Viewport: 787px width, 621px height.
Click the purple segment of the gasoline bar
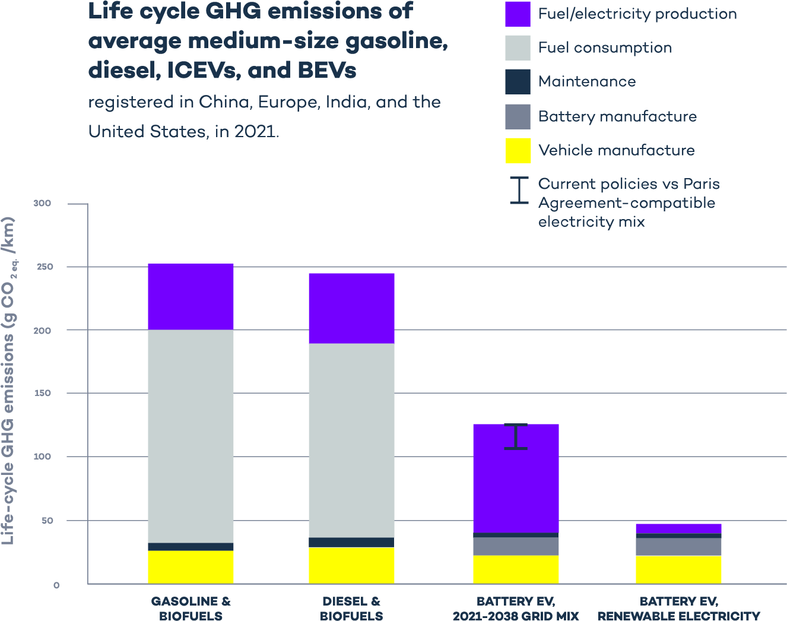[191, 296]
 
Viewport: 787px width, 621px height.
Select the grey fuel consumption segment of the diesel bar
[351, 440]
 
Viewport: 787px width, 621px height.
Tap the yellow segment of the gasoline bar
[191, 567]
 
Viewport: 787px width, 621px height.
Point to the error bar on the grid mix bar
[516, 436]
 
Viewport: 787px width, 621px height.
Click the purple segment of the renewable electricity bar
[678, 528]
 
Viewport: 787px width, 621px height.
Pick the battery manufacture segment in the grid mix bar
[516, 546]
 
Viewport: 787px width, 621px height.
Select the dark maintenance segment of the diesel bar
[351, 542]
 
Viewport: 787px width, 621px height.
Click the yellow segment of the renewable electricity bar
[678, 569]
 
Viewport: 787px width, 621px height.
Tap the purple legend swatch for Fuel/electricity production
[518, 14]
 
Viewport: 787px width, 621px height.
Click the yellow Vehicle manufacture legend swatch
[518, 150]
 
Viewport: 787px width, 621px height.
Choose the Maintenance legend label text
[587, 82]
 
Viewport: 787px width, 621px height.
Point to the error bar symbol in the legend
[519, 191]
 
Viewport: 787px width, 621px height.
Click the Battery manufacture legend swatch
[518, 116]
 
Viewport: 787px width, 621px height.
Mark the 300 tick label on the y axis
[42, 204]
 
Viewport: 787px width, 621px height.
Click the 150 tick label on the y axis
[42, 393]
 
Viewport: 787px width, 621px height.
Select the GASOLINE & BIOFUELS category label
[191, 609]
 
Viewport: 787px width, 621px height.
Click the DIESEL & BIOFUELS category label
[351, 609]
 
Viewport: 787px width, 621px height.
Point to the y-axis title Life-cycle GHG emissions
[8, 380]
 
